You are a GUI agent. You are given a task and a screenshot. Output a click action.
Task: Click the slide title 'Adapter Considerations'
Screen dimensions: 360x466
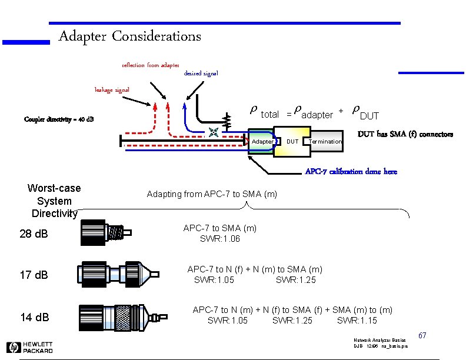[x=129, y=36]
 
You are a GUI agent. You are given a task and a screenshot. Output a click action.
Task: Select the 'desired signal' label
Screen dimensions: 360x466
[x=201, y=74]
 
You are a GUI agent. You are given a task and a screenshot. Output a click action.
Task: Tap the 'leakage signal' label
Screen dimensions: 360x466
[x=112, y=89]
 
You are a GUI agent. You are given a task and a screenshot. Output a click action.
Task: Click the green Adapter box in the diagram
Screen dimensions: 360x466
[x=261, y=142]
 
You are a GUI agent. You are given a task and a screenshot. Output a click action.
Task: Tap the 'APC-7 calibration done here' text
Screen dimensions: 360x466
[x=351, y=171]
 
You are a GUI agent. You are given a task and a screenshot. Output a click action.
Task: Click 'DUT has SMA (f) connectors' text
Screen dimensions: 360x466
[x=406, y=134]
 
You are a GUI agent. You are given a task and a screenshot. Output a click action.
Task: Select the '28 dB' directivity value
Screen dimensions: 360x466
[x=34, y=234]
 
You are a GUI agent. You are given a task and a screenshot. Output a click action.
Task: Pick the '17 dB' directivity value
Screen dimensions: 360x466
[x=34, y=275]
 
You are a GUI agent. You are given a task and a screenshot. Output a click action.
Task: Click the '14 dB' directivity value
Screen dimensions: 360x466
[x=34, y=317]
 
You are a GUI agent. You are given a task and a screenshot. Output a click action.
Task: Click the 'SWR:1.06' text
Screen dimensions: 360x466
[x=220, y=239]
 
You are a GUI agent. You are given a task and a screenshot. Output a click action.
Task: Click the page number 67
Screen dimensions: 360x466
[x=422, y=335]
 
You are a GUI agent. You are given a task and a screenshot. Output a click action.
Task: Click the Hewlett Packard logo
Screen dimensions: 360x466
[x=29, y=347]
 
